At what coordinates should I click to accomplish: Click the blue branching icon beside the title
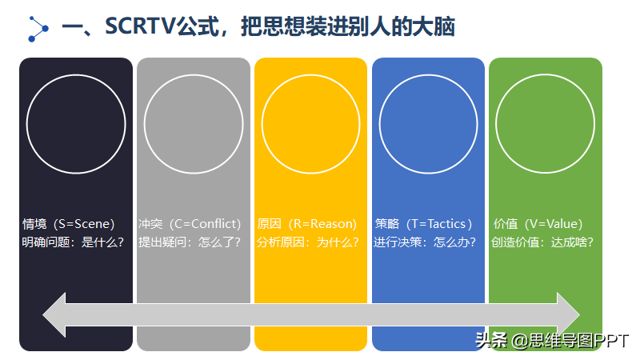click(x=38, y=29)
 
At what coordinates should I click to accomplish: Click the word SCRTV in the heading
click(x=140, y=26)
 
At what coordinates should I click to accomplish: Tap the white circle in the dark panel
click(x=76, y=75)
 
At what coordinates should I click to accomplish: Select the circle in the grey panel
click(x=194, y=75)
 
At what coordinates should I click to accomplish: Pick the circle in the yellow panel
click(x=310, y=75)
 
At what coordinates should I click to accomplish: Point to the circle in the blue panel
click(x=428, y=75)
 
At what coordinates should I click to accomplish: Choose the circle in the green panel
click(x=546, y=75)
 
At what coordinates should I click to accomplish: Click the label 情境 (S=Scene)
click(x=69, y=224)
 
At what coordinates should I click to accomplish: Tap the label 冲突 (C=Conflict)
click(x=190, y=224)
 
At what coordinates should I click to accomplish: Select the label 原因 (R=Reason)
click(x=307, y=224)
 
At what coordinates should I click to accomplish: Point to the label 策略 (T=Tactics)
click(x=424, y=224)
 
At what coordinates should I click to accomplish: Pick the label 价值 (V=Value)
click(x=538, y=224)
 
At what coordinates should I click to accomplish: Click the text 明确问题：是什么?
click(x=73, y=242)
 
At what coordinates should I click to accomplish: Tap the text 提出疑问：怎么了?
click(x=190, y=242)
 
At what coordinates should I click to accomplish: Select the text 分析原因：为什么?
click(x=308, y=242)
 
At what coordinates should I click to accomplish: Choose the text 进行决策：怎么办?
click(x=425, y=242)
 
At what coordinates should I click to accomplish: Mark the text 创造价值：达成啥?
click(x=542, y=242)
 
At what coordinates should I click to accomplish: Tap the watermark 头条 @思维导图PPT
click(x=552, y=341)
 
